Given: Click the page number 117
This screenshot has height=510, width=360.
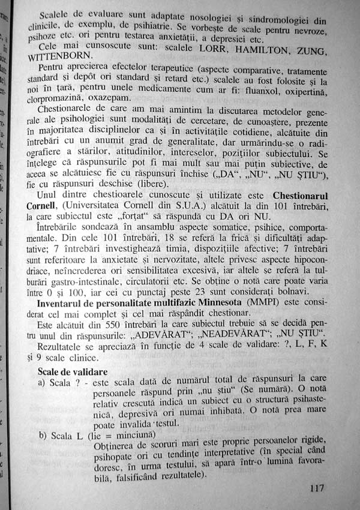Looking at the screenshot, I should (x=317, y=487).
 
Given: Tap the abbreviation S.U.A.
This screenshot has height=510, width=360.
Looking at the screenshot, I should (x=202, y=206).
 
